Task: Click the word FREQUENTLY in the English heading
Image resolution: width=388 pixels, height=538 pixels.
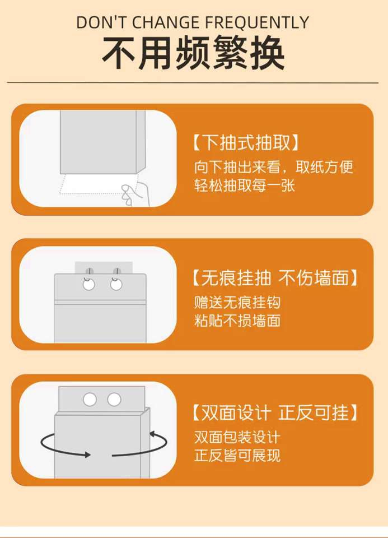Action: click(257, 22)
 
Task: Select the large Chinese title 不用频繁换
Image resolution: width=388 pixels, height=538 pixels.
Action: click(194, 54)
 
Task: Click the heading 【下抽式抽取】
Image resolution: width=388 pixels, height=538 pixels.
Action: click(246, 142)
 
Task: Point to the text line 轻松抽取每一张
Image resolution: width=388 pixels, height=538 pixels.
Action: click(244, 185)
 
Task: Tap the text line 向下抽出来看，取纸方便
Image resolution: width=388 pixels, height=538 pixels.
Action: click(274, 167)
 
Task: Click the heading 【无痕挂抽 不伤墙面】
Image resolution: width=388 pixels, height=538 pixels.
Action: click(275, 277)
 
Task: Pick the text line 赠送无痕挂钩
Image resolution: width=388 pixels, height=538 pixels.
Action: click(237, 302)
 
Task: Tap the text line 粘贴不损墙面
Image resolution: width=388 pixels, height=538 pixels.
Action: click(237, 321)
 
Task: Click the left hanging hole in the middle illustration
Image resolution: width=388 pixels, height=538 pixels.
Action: click(89, 285)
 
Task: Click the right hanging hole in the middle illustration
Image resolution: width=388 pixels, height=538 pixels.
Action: click(116, 285)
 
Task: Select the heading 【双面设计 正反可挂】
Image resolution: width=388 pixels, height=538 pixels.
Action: click(275, 412)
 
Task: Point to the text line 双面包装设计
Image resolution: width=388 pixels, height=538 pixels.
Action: click(237, 438)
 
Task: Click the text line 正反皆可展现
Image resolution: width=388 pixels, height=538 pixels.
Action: click(237, 456)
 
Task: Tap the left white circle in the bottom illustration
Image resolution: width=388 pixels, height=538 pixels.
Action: click(90, 400)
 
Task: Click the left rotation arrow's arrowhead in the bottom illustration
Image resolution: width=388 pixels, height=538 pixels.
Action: click(87, 455)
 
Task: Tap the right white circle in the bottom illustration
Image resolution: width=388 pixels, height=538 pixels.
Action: click(114, 400)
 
